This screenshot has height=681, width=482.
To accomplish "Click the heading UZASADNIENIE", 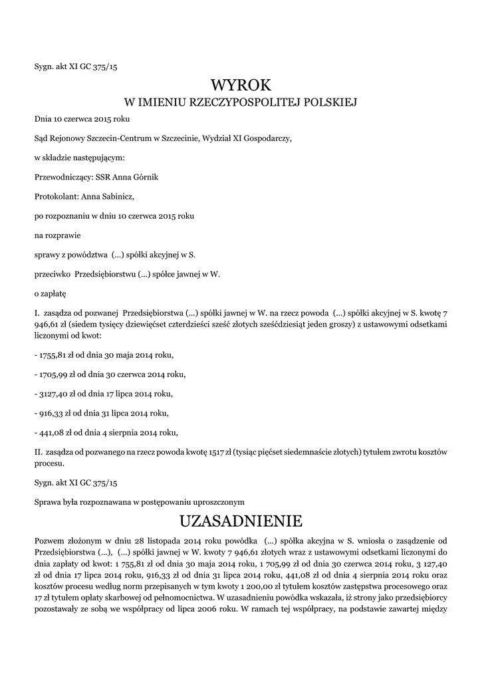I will click(241, 519).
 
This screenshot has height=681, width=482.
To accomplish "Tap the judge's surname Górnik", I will click(144, 177).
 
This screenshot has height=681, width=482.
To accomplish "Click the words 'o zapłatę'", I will click(50, 293).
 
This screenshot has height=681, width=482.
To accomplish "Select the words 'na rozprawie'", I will click(56, 235).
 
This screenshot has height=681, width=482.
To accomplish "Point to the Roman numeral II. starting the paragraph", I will click(38, 452).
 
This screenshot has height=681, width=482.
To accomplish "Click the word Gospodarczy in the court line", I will click(264, 138).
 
